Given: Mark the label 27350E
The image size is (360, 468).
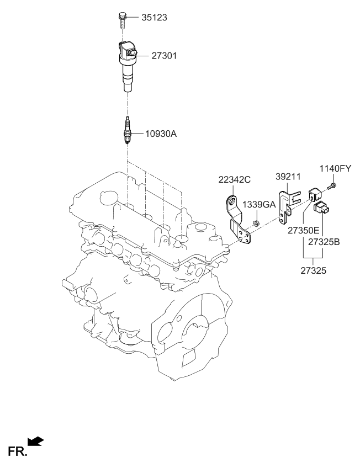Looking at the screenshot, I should (x=303, y=230).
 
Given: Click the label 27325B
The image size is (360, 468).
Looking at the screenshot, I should (x=324, y=242).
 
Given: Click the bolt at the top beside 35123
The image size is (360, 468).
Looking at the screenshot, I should (x=121, y=18).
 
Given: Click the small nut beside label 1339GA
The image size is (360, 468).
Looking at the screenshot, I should (x=257, y=224).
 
